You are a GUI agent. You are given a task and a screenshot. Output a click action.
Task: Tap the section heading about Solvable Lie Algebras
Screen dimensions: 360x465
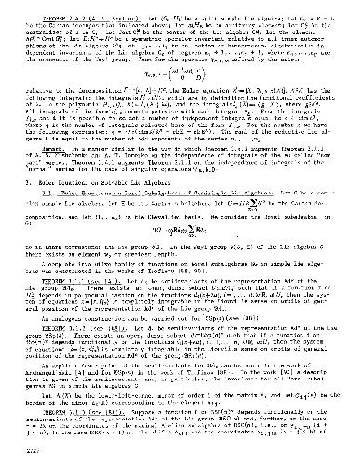click(x=122, y=172)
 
